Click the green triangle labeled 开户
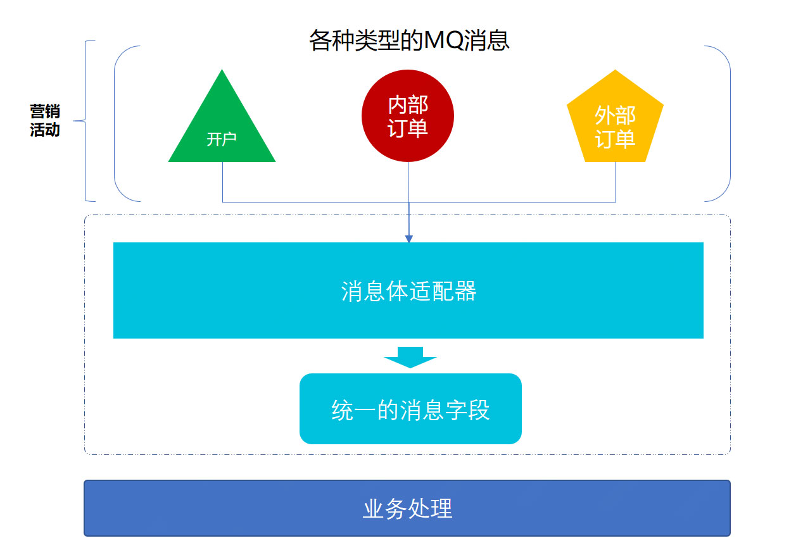coord(222,127)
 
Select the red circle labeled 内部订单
coord(408,116)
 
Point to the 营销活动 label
coord(45,121)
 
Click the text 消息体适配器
coord(408,292)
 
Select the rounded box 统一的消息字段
coord(410,409)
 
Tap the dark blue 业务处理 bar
coord(407,508)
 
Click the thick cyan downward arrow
coord(410,357)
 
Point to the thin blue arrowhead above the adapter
coord(408,239)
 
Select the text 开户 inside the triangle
coord(222,139)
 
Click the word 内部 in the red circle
coord(408,104)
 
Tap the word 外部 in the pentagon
coord(615,115)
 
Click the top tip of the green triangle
coord(222,72)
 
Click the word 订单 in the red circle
coord(408,128)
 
